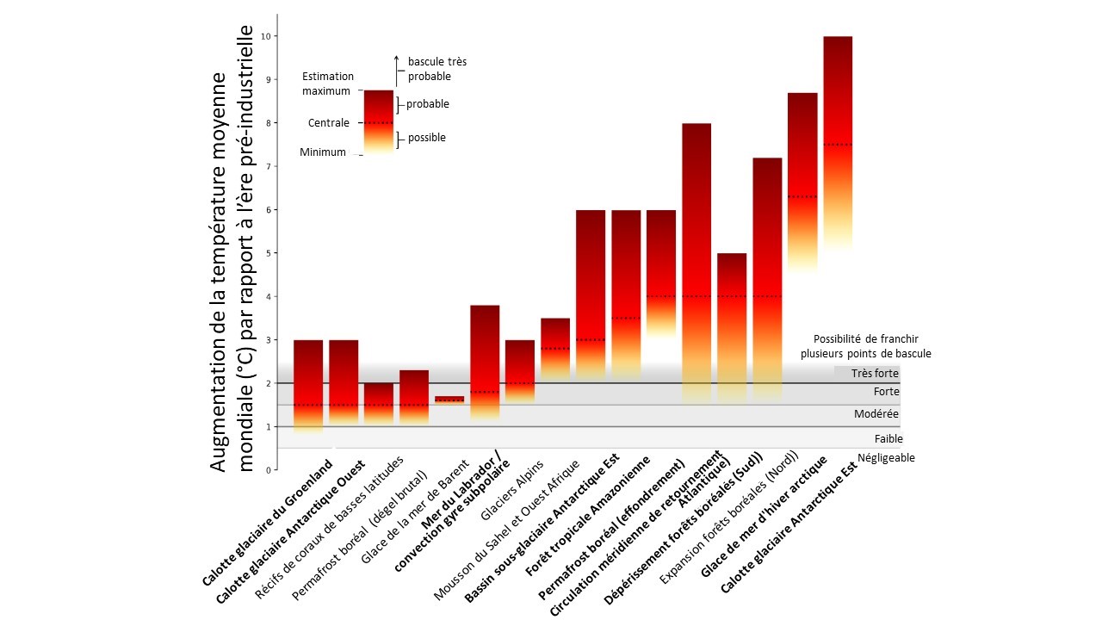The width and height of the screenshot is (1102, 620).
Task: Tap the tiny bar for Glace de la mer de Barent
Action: point(449,400)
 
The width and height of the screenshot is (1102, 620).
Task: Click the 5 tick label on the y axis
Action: point(269,253)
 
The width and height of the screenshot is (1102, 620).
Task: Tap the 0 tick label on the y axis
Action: point(269,470)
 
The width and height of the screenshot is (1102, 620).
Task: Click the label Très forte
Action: point(875,374)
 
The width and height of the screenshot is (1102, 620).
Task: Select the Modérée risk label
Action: point(876,414)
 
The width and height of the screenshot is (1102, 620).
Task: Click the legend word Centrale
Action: point(329,123)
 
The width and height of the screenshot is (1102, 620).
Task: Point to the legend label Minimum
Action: point(323,152)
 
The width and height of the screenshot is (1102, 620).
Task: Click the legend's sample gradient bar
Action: point(378,121)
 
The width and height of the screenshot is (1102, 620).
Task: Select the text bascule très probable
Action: point(436,69)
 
